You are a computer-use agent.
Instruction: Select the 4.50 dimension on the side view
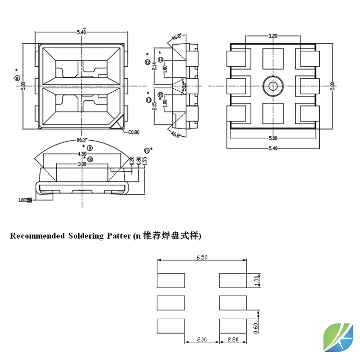point(82,154)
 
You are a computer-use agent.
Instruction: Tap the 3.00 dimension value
point(82,164)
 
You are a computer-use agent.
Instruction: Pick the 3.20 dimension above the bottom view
point(273,36)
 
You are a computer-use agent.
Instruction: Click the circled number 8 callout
point(17,78)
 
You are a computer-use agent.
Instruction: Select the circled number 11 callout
point(146,151)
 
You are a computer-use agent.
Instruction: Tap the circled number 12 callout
point(147,62)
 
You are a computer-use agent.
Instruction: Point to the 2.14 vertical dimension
point(154,66)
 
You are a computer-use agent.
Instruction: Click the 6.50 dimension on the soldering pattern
point(202,258)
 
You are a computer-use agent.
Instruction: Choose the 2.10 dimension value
point(202,340)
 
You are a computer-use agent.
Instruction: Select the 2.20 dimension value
point(233,340)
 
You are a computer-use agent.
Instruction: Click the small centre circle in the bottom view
point(273,86)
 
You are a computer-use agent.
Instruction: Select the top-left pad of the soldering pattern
point(171,280)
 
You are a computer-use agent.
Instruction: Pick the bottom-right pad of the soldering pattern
point(233,326)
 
